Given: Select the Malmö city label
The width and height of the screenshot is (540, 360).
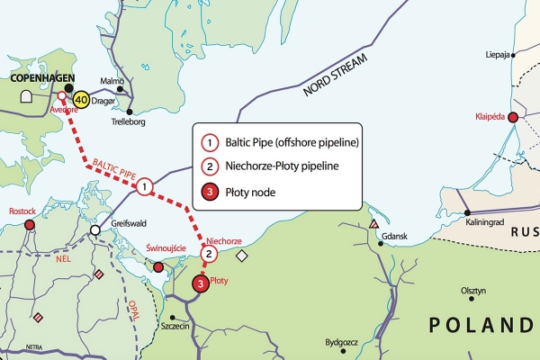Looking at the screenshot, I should coord(112,81).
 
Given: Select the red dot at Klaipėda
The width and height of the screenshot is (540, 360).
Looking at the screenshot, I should coord(513,117).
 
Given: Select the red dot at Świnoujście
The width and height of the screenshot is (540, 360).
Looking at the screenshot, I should coord(159,267).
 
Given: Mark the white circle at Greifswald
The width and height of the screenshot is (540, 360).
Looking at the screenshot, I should coord(94,230).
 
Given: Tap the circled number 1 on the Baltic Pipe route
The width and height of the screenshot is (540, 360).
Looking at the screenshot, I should coord(145,186).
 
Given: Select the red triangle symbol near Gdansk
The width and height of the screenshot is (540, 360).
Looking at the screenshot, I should coord(373,223).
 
